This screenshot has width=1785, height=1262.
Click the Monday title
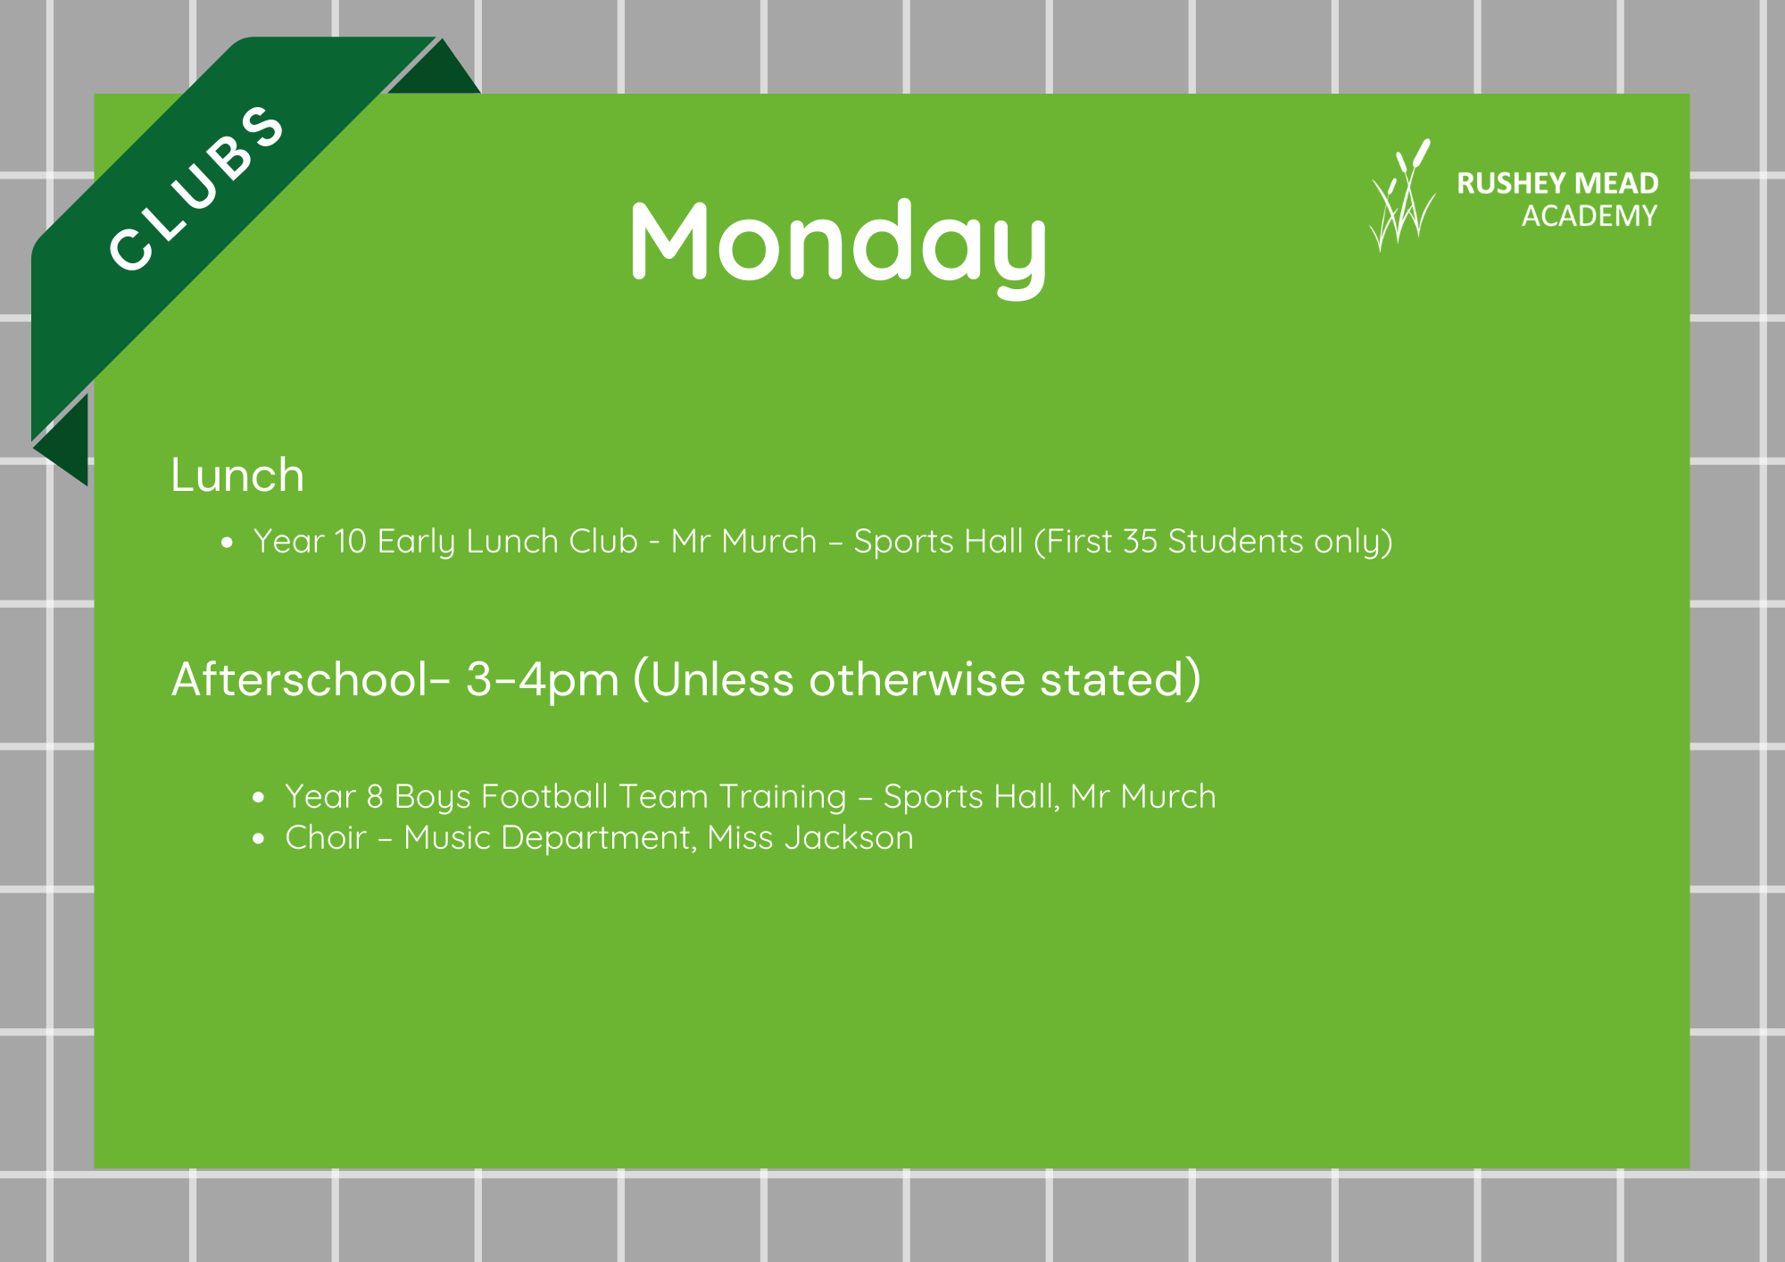coord(838,245)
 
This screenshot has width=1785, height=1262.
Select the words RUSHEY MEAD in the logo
coord(1557,183)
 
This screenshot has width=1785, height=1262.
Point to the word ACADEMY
coord(1590,216)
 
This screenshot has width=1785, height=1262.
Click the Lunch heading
coord(237,475)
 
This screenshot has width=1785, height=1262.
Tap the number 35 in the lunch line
coord(1140,541)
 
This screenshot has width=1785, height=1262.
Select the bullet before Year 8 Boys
coord(259,797)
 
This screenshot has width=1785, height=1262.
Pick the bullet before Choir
coord(259,838)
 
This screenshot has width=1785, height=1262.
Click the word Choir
coord(326,837)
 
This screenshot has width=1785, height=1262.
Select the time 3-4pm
coord(543,680)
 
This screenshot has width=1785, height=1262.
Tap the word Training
coord(783,797)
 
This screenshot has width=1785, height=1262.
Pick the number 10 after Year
coord(351,541)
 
